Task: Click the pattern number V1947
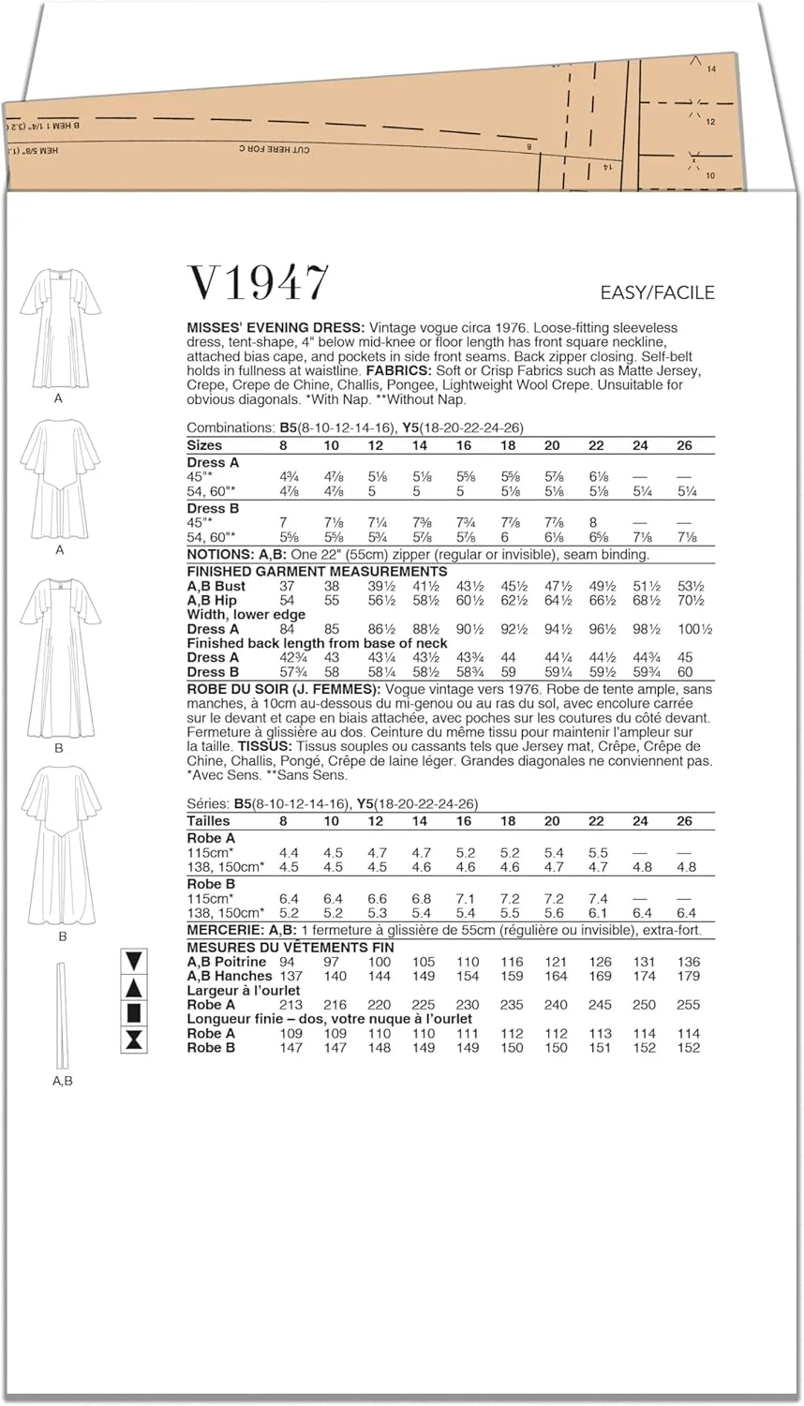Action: (x=259, y=283)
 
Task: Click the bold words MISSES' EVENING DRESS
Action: (x=275, y=328)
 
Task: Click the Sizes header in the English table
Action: (x=204, y=445)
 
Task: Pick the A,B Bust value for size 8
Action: (x=287, y=586)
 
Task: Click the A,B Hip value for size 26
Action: (x=691, y=600)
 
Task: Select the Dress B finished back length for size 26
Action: (x=686, y=671)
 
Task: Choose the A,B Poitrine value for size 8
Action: (x=287, y=962)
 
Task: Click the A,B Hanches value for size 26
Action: (x=689, y=976)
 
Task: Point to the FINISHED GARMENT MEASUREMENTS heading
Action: (x=317, y=571)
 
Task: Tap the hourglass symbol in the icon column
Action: (x=133, y=1039)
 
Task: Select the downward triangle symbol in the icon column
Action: (x=133, y=960)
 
